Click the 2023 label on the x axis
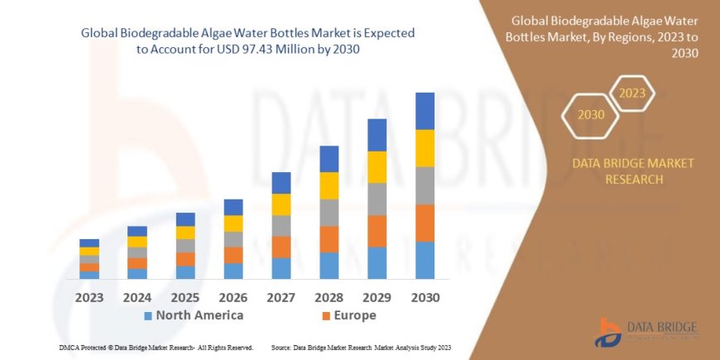coord(89,297)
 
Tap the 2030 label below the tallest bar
coord(425,297)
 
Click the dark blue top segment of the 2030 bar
coord(425,111)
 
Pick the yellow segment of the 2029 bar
coord(377,167)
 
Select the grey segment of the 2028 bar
coord(329,213)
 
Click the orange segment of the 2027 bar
coord(281,247)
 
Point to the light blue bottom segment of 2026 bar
coord(233,271)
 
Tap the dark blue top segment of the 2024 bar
coord(137,231)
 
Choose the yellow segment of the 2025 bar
coord(185,233)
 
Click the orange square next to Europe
coord(326,316)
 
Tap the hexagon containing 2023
coord(631,93)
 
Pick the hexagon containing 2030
coord(591,114)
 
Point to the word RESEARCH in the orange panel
coord(633,179)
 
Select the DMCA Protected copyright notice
coord(156,347)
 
